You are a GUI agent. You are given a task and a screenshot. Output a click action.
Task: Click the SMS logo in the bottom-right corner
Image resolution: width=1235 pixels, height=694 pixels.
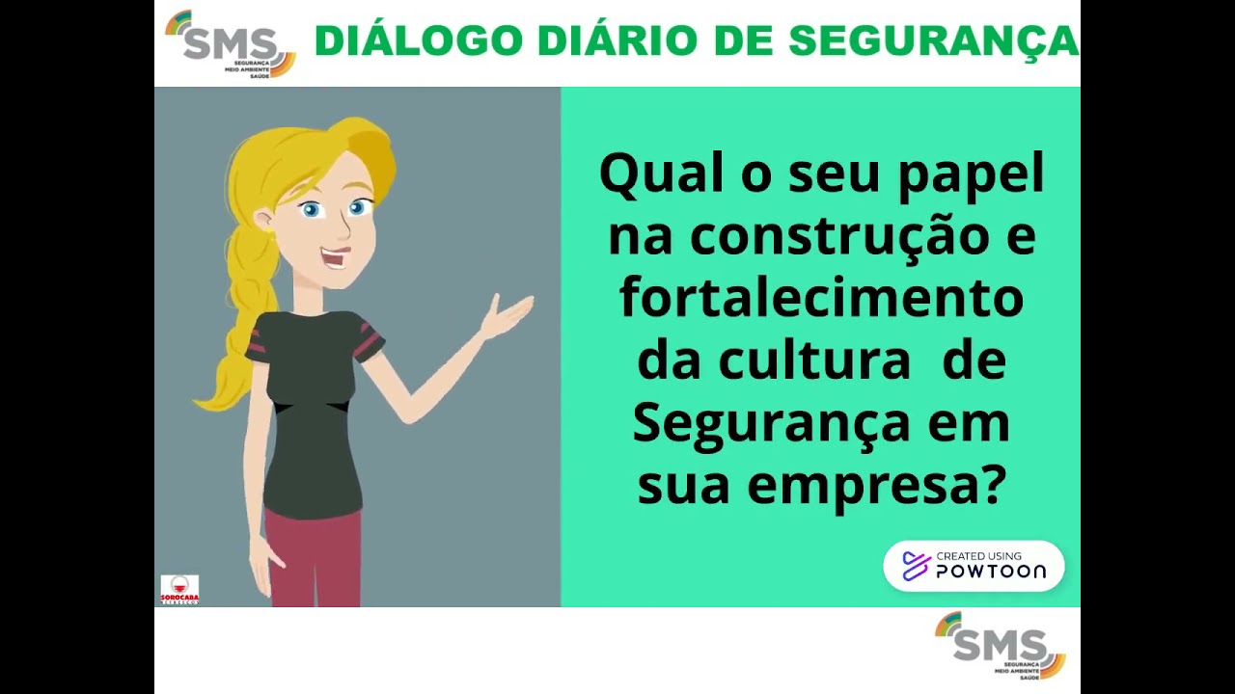point(1001,645)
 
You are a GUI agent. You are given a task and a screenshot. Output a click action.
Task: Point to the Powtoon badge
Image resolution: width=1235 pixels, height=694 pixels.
point(974,566)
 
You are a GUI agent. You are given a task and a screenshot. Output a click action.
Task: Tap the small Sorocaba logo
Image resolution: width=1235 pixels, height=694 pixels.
point(179,589)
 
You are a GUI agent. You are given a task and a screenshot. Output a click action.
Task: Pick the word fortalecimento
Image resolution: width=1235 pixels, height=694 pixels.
point(821,298)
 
